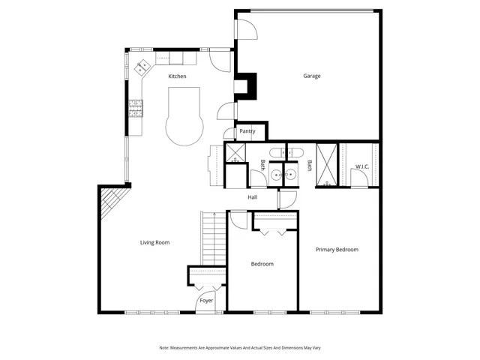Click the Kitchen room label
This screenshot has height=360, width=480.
point(177,76)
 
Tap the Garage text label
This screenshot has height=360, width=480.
point(312,76)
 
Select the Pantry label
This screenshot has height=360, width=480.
point(247,131)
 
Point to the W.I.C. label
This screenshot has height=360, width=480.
point(362,166)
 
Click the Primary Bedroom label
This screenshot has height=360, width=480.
point(337,250)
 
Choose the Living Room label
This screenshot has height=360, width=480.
point(155,242)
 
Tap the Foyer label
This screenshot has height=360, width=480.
point(206,301)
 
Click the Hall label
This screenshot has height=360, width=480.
point(253,197)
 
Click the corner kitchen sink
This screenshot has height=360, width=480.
point(142,68)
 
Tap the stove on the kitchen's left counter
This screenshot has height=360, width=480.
point(136,109)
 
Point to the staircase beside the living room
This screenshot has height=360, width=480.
point(212,238)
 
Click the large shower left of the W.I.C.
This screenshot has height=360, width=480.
point(327,164)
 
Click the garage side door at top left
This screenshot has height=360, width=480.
point(247,28)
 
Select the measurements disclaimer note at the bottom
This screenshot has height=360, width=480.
point(239,348)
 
